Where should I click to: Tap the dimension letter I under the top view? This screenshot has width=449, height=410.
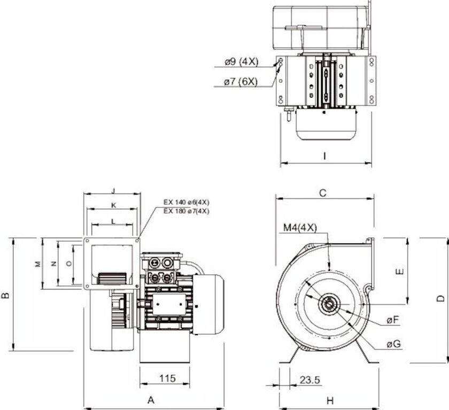point(324,156)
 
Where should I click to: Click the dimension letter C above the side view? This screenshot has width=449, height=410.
point(322,193)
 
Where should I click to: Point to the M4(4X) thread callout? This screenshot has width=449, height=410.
point(299,228)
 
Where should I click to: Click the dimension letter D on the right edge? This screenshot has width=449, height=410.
point(439,298)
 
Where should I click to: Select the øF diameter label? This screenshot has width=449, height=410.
point(393,320)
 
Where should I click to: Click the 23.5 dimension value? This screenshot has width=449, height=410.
point(309,380)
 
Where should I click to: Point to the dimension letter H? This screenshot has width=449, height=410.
point(330,400)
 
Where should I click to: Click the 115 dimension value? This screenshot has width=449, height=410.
point(167,378)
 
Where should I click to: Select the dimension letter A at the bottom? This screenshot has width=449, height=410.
point(151,400)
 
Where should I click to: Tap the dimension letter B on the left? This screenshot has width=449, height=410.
point(5,295)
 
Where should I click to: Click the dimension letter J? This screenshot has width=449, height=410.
point(113,190)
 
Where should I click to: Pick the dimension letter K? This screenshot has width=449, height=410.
point(113,205)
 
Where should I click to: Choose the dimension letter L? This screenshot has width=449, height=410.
point(113,220)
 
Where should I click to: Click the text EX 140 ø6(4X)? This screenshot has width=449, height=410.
point(186,202)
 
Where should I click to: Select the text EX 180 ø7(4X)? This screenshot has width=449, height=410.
point(186,211)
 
